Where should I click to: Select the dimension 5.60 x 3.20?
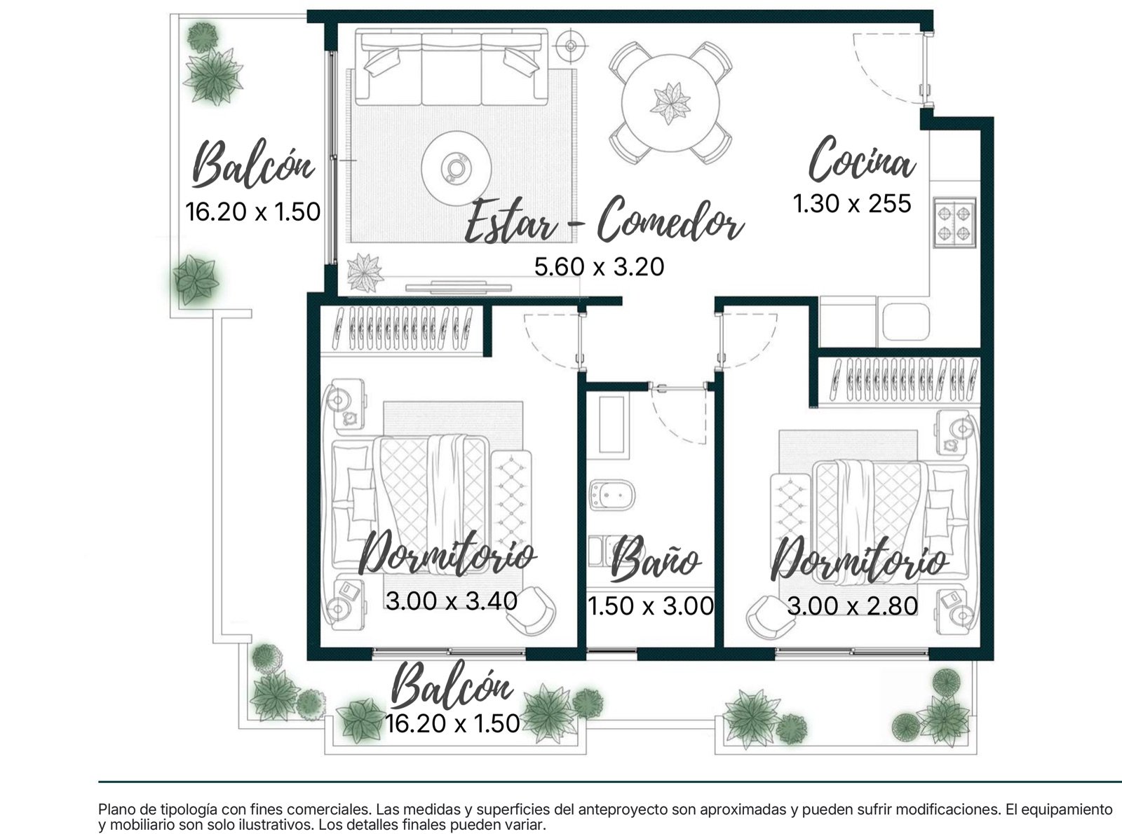(x=599, y=266)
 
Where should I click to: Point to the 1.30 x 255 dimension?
(x=852, y=203)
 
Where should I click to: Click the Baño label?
(x=656, y=560)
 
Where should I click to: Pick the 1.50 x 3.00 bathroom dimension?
(x=651, y=606)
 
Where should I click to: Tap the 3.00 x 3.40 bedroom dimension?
(x=451, y=601)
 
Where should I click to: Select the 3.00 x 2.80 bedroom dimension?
(x=853, y=606)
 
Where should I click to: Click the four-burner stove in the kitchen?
(x=954, y=222)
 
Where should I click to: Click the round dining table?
(x=670, y=102)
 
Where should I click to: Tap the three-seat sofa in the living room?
(x=451, y=67)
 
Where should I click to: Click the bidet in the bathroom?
(x=611, y=495)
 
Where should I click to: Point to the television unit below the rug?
(x=459, y=286)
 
